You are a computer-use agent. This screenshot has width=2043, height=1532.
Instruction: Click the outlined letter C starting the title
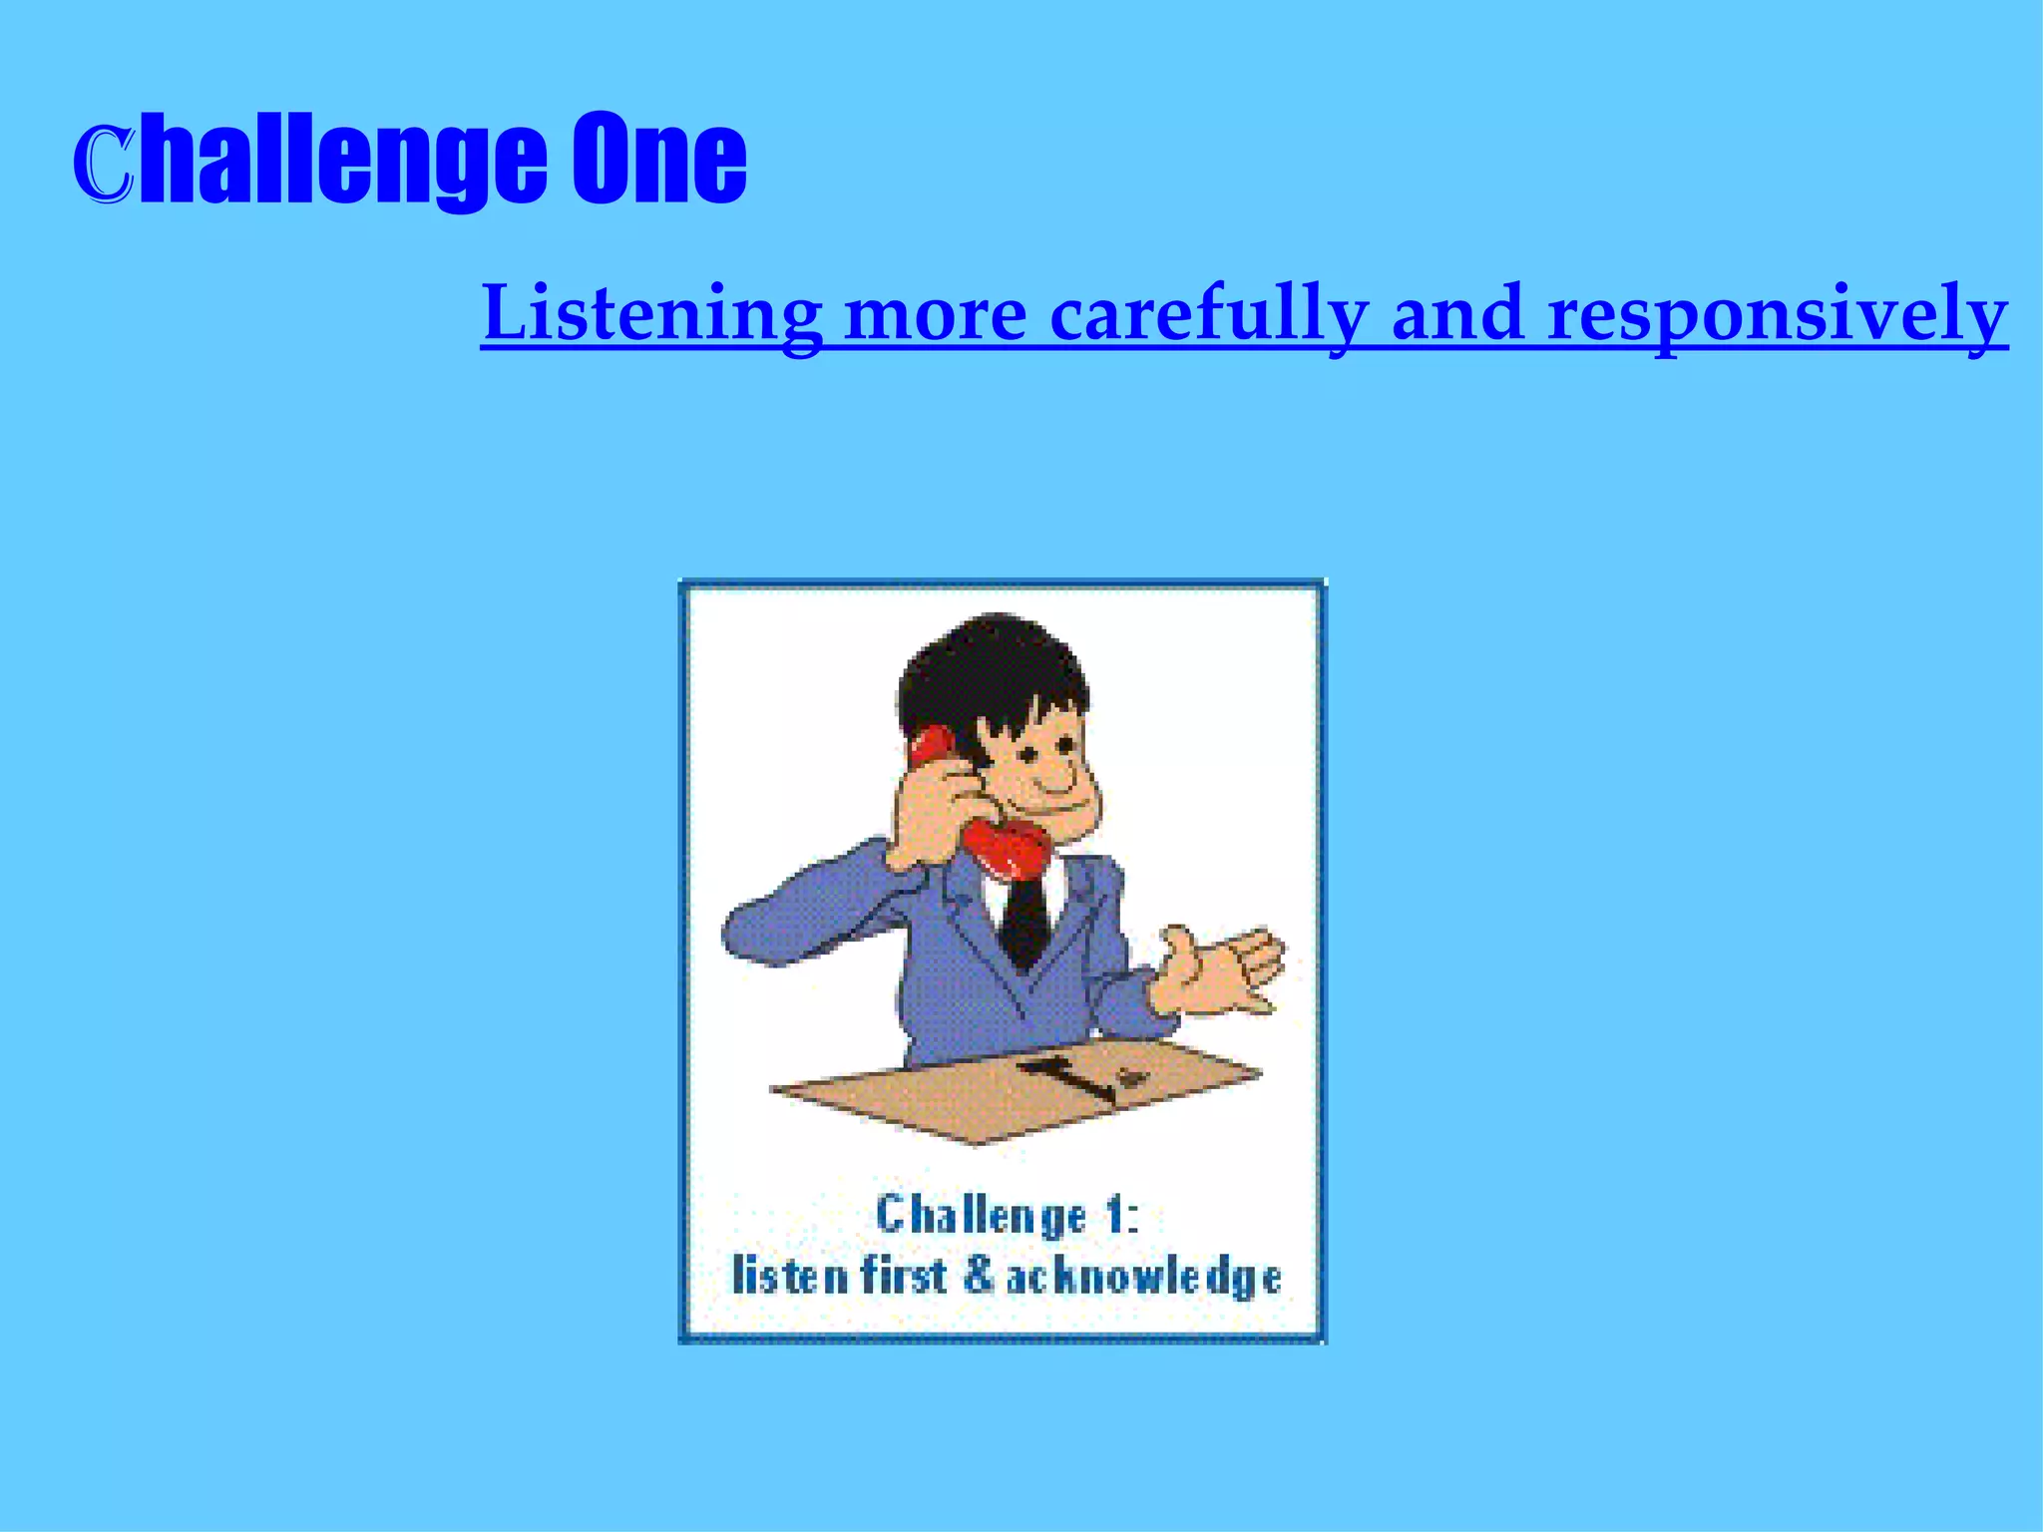click(103, 165)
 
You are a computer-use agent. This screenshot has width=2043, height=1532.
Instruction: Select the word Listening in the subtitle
click(651, 313)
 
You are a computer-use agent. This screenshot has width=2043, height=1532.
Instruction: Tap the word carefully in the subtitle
click(1208, 313)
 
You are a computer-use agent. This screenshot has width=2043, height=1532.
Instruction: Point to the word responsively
click(1778, 313)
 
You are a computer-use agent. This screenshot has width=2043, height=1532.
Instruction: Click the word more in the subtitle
click(936, 313)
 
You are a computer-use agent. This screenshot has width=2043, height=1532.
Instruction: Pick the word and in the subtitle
click(1457, 313)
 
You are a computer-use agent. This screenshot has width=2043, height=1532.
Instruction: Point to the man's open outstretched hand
click(1222, 972)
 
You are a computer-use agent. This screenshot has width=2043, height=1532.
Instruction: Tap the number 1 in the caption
click(1115, 1216)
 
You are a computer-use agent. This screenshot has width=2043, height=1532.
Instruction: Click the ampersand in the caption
click(979, 1278)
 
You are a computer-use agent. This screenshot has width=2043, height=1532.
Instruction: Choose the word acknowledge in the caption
click(1143, 1279)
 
